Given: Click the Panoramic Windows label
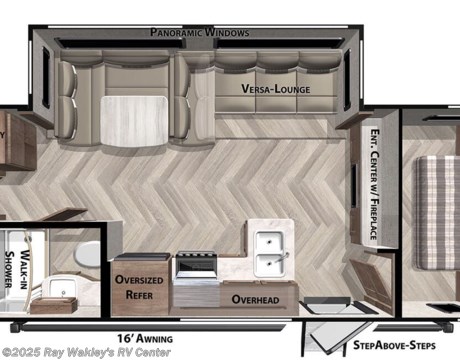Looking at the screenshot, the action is click(x=200, y=32).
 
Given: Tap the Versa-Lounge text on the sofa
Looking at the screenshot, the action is click(x=276, y=89).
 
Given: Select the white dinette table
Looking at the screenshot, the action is click(x=134, y=121).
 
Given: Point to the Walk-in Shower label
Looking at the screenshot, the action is click(x=17, y=269).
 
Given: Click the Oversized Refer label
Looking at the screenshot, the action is click(x=139, y=287).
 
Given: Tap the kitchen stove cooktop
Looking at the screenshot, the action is click(x=196, y=257).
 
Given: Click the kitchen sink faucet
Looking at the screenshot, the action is click(x=283, y=257).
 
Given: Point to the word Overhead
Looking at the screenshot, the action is click(x=255, y=299).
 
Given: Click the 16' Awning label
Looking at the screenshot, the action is click(x=145, y=339).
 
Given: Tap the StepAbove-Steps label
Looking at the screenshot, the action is click(x=394, y=345).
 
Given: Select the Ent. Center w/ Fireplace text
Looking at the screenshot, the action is click(x=374, y=184).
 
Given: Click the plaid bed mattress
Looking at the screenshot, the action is click(x=437, y=213).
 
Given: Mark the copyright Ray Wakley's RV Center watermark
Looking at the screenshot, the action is click(x=86, y=352).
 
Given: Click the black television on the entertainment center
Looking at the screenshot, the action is click(x=354, y=185).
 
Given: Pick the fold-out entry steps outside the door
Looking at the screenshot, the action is click(x=333, y=337).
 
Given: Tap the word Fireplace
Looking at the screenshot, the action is click(x=374, y=218).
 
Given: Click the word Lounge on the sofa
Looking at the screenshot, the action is click(x=292, y=89).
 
